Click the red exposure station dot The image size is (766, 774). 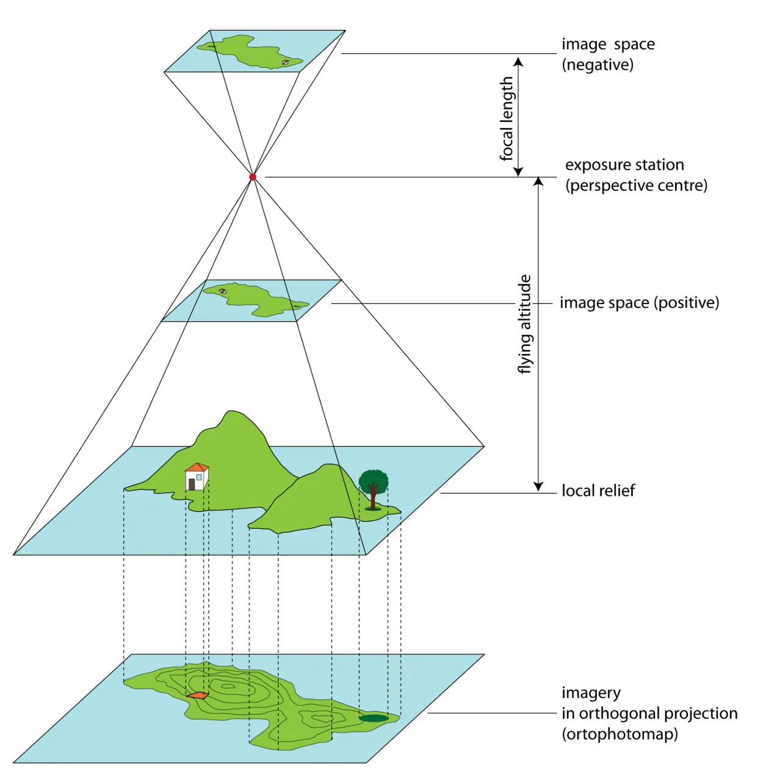(253, 177)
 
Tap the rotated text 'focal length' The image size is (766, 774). (507, 118)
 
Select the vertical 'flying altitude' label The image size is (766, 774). (525, 324)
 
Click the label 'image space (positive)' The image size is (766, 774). (639, 303)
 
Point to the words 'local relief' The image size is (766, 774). (598, 491)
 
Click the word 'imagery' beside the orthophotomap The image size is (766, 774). (591, 693)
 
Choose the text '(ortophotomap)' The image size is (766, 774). (620, 734)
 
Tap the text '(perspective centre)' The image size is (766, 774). (636, 186)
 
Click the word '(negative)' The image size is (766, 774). (598, 65)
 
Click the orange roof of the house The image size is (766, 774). (197, 468)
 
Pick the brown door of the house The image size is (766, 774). (192, 484)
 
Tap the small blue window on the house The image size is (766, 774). (200, 477)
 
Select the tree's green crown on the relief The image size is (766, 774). (373, 479)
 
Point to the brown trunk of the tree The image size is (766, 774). (374, 497)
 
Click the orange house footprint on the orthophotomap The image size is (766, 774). (197, 695)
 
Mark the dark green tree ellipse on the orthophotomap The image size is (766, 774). (374, 718)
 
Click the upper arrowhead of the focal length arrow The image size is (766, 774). (518, 62)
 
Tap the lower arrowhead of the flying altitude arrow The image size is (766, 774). (538, 486)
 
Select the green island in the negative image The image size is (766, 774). (253, 51)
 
